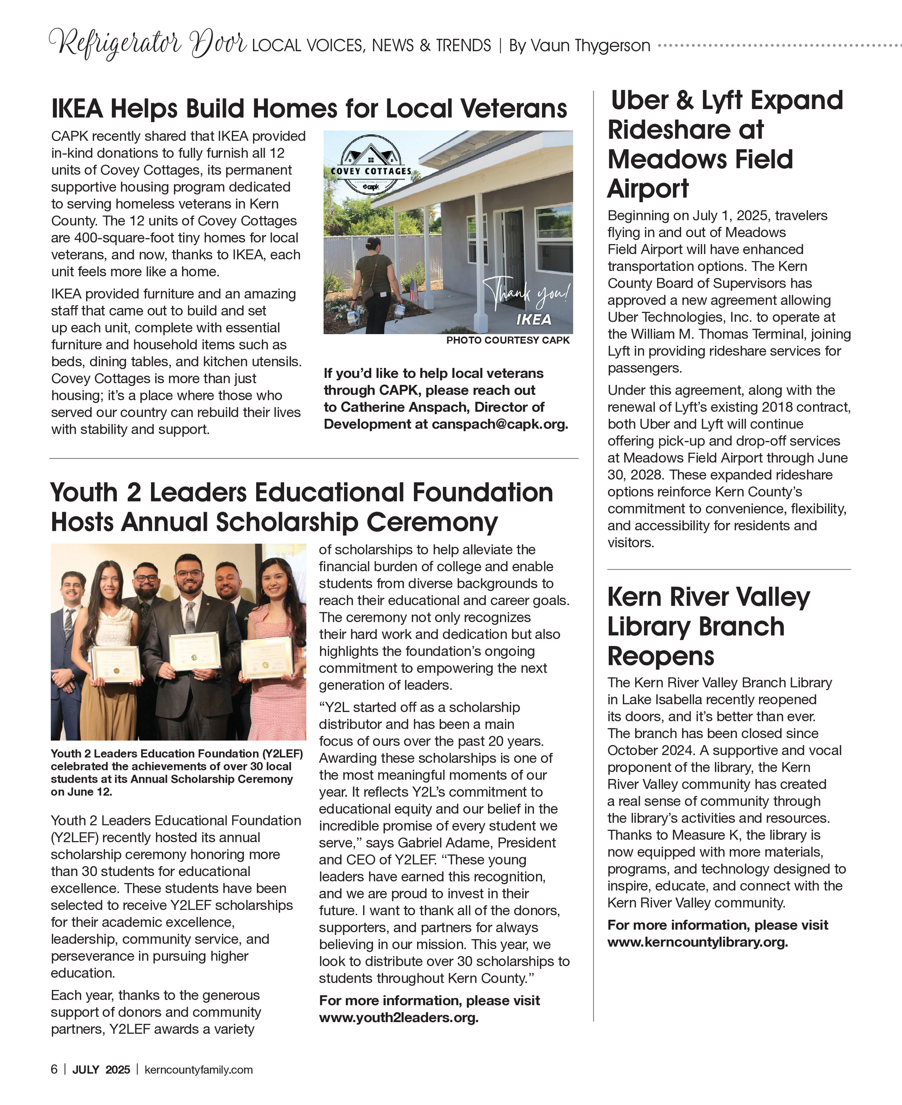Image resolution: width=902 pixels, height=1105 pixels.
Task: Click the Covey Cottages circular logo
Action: [x=370, y=165]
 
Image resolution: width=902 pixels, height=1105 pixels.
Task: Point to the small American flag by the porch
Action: [x=414, y=290]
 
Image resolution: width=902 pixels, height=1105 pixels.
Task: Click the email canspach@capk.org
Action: [x=499, y=424]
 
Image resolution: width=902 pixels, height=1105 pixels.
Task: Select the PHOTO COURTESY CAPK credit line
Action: [x=508, y=340]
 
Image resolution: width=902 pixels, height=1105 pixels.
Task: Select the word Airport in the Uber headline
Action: [x=647, y=188]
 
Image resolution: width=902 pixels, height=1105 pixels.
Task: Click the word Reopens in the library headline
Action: [x=660, y=656]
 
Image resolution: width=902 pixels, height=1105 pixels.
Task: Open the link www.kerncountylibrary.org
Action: [x=697, y=942]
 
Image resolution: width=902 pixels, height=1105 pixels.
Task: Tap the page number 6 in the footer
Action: [x=54, y=1070]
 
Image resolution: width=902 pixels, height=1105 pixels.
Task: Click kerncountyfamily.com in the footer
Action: [x=198, y=1070]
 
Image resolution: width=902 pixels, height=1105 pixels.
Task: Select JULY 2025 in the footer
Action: [x=101, y=1070]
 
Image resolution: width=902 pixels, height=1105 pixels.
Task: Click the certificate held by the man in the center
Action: [x=195, y=651]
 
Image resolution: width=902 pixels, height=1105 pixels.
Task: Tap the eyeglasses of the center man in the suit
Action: [x=189, y=574]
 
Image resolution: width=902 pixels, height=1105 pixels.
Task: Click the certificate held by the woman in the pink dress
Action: [x=267, y=657]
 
